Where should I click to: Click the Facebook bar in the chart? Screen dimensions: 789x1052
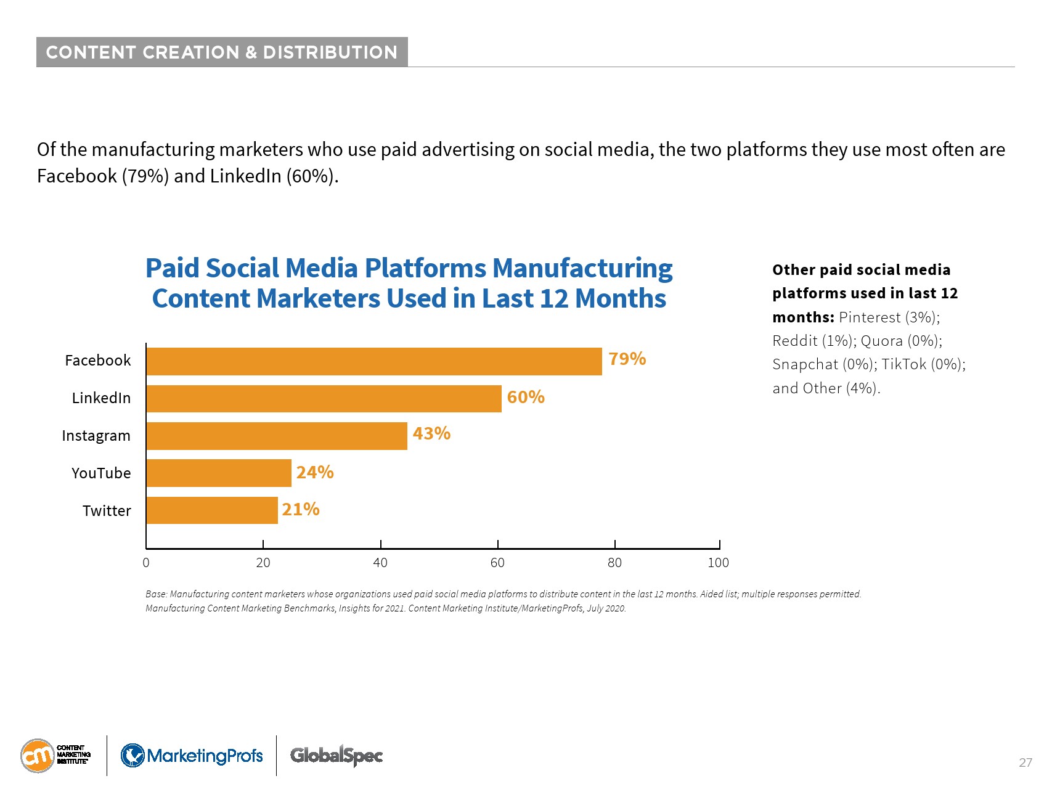pyautogui.click(x=374, y=361)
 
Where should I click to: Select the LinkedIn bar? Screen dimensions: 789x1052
pyautogui.click(x=324, y=399)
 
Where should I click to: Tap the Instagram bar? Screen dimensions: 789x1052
pyautogui.click(x=277, y=436)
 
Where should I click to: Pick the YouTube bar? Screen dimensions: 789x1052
pyautogui.click(x=219, y=473)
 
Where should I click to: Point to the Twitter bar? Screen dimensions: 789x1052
pyautogui.click(x=212, y=510)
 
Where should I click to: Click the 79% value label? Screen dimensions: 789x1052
pyautogui.click(x=627, y=359)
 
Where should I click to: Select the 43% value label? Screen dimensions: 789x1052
pyautogui.click(x=431, y=434)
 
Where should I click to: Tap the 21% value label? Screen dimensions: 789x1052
pyautogui.click(x=301, y=509)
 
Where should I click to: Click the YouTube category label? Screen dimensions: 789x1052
pyautogui.click(x=101, y=473)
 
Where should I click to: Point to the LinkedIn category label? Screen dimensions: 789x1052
pyautogui.click(x=101, y=398)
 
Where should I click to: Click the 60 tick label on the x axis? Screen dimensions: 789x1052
pyautogui.click(x=497, y=563)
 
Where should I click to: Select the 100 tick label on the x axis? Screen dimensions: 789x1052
pyautogui.click(x=718, y=563)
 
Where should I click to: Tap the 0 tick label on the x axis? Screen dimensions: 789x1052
pyautogui.click(x=146, y=563)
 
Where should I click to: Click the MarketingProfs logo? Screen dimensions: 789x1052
pyautogui.click(x=192, y=756)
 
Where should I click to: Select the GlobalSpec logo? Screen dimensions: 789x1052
pyautogui.click(x=336, y=755)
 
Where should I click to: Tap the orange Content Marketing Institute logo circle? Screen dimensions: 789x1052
pyautogui.click(x=37, y=756)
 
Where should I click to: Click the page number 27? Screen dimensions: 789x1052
pyautogui.click(x=1025, y=762)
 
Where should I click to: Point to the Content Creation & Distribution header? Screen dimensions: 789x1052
pyautogui.click(x=222, y=52)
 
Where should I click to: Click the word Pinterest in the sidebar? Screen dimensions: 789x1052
pyautogui.click(x=870, y=317)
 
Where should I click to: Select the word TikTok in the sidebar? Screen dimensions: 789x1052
pyautogui.click(x=903, y=364)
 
